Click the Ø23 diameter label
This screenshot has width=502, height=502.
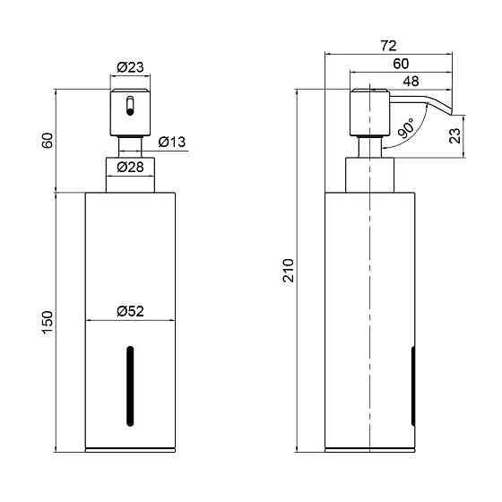[130, 67]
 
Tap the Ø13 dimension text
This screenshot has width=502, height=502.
[172, 142]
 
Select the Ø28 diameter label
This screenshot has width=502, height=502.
[130, 167]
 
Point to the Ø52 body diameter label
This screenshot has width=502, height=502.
[130, 311]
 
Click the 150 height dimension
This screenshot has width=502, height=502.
[48, 323]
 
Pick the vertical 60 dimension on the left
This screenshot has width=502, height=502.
[48, 141]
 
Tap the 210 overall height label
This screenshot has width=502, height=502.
[288, 271]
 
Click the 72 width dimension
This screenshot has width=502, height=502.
[388, 46]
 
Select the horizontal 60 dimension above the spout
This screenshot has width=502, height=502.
[401, 64]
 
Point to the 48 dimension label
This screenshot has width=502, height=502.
[411, 82]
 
